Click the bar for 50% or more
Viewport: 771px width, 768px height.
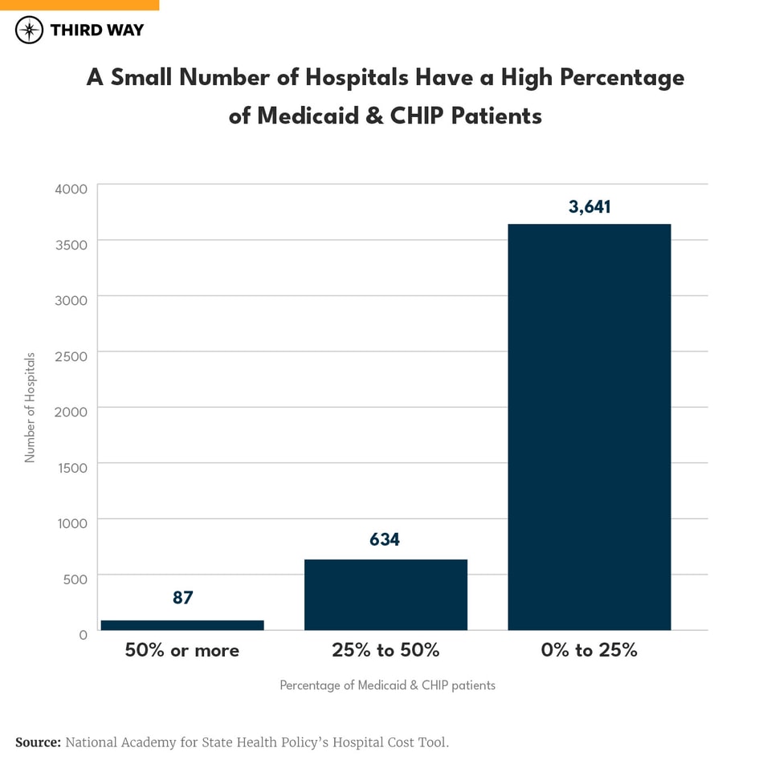182,624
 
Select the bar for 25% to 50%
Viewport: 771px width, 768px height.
385,594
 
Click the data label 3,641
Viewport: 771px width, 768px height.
589,207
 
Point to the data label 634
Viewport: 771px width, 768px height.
385,540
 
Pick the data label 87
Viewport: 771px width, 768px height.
182,598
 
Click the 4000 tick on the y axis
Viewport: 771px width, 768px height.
71,189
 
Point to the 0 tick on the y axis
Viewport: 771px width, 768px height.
83,635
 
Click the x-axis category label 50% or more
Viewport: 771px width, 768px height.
182,650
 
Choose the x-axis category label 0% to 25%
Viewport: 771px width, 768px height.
589,650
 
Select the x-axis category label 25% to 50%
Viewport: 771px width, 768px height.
385,650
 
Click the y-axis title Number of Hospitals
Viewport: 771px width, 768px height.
31,407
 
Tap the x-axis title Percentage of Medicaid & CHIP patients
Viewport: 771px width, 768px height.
387,685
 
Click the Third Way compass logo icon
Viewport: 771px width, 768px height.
30,30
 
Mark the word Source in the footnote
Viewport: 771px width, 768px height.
37,742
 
